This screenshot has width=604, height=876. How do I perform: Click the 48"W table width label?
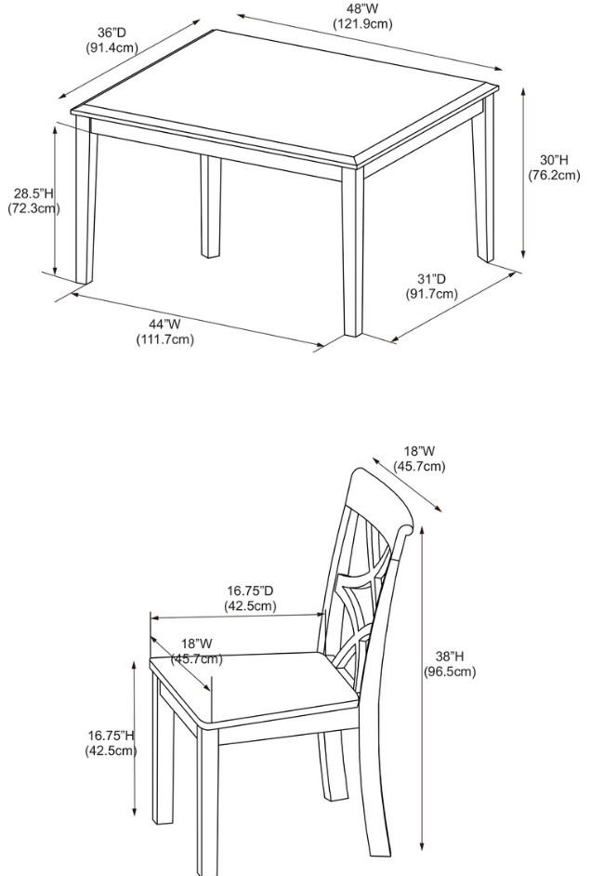click(x=362, y=9)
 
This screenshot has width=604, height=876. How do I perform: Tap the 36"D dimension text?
click(x=112, y=33)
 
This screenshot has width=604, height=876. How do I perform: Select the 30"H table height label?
click(x=554, y=160)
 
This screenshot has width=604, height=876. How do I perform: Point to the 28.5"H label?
click(x=33, y=193)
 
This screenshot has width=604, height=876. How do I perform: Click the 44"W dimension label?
click(x=164, y=324)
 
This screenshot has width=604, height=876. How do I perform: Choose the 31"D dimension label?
click(x=431, y=279)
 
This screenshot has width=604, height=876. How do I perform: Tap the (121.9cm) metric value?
click(x=362, y=24)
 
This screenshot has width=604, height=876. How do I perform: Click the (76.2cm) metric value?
click(x=555, y=176)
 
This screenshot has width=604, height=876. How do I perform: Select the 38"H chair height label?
click(x=450, y=657)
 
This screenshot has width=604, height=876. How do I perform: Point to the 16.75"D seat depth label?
click(x=250, y=591)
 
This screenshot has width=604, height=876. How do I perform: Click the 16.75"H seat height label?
click(x=112, y=736)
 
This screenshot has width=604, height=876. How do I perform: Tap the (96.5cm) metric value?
click(x=450, y=671)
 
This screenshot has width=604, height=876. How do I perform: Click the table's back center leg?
click(x=211, y=206)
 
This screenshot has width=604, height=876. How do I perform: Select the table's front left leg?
click(x=85, y=200)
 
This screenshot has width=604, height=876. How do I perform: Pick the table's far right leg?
click(x=484, y=179)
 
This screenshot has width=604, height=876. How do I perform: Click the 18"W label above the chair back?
click(x=419, y=451)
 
